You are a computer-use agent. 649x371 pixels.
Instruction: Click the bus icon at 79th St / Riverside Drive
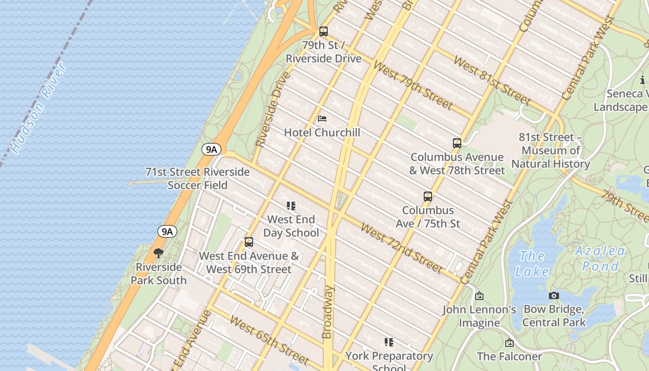click(324, 32)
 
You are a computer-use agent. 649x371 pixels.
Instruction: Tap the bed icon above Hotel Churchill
click(322, 119)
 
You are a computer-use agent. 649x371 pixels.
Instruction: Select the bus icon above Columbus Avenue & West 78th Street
click(457, 143)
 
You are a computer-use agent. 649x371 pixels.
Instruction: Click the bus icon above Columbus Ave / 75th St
click(428, 197)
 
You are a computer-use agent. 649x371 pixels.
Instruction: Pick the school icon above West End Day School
click(291, 206)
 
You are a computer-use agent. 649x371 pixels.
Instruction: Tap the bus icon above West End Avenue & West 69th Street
click(249, 242)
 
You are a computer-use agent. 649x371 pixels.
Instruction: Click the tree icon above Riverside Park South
click(159, 253)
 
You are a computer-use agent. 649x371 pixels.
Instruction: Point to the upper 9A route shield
click(211, 149)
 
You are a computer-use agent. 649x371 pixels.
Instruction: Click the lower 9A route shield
click(167, 231)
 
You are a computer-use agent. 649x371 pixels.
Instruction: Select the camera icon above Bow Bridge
click(554, 295)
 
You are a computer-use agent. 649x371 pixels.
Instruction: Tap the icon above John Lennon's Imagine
click(479, 296)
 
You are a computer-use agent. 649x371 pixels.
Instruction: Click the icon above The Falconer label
click(509, 343)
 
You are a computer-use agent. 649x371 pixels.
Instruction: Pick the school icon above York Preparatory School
click(389, 342)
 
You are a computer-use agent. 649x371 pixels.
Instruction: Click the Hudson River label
click(38, 109)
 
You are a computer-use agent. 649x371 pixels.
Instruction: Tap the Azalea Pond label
click(600, 258)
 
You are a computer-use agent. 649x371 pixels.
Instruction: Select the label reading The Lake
click(531, 263)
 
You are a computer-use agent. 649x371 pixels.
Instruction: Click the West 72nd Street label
click(401, 248)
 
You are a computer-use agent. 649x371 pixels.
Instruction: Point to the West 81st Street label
click(492, 80)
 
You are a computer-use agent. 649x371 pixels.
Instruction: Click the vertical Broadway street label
click(327, 312)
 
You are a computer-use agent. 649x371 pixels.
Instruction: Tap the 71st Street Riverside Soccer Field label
click(197, 179)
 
